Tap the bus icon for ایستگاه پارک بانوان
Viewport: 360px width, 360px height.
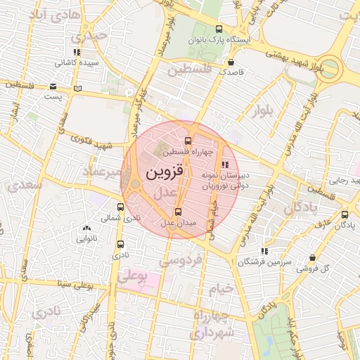click(x=220, y=30)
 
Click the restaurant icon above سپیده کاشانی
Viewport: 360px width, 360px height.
click(x=77, y=51)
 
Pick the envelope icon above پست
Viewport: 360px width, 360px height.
click(x=53, y=86)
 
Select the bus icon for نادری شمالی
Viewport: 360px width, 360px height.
click(x=120, y=207)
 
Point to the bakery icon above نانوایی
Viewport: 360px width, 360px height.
click(x=86, y=229)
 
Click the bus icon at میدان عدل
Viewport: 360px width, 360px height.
click(x=177, y=212)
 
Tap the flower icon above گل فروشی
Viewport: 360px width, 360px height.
click(x=311, y=258)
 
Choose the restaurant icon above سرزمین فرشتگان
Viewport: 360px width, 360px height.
click(x=264, y=251)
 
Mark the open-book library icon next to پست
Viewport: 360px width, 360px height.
click(x=77, y=88)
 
